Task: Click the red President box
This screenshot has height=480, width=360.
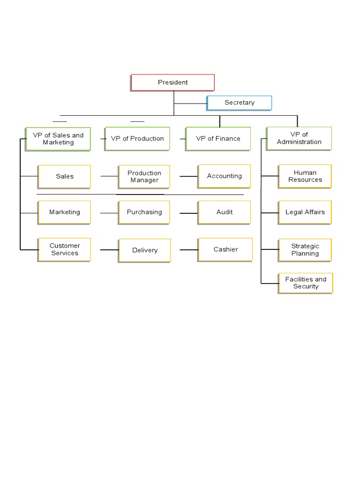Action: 172,82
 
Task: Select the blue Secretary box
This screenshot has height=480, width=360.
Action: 240,103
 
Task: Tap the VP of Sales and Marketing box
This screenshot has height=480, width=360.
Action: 58,139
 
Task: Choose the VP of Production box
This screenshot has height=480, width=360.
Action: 137,139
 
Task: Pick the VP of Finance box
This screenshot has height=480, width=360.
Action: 218,139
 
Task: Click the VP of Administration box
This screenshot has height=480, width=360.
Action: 299,138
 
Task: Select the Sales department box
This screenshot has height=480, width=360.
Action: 64,177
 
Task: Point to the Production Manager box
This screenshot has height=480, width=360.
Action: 144,177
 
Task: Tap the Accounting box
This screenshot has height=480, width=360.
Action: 225,176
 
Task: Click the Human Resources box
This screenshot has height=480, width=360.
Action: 305,176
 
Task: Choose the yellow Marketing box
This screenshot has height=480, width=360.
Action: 64,212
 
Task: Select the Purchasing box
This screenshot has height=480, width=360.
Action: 144,212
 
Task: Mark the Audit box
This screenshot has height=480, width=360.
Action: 225,212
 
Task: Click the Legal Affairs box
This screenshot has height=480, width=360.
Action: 305,212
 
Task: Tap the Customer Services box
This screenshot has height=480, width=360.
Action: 64,250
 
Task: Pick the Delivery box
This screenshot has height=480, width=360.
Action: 144,250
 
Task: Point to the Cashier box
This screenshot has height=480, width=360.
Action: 225,250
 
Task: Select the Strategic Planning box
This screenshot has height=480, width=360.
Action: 305,250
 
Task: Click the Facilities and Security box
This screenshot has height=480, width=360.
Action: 306,283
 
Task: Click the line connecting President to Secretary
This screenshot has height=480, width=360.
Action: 190,104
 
